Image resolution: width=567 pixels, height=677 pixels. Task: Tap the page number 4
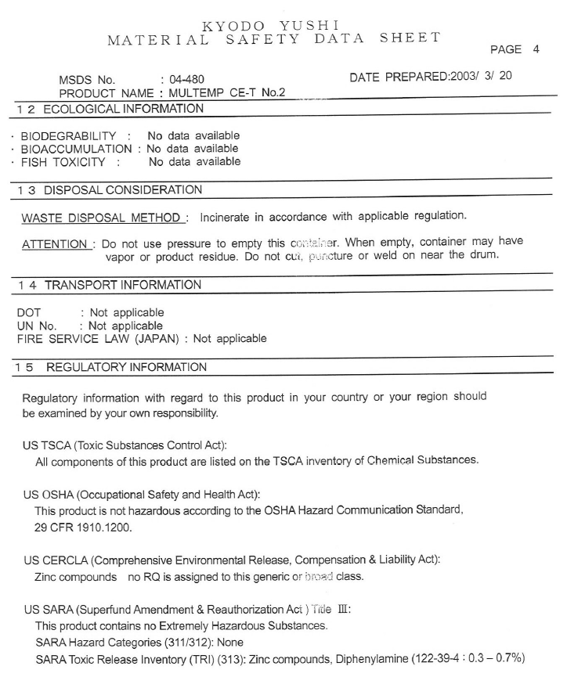(x=536, y=49)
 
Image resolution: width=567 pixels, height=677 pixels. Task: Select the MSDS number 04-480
(x=186, y=79)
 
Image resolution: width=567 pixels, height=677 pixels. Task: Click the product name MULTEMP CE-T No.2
(x=226, y=92)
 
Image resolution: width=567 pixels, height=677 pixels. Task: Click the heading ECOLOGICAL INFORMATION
(x=123, y=108)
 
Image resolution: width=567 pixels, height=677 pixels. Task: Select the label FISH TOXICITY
(x=63, y=162)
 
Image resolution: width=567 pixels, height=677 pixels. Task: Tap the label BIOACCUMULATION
(x=76, y=149)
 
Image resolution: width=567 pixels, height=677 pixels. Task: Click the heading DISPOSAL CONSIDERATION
(x=123, y=189)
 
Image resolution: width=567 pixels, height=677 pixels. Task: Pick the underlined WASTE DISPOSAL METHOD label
(x=102, y=216)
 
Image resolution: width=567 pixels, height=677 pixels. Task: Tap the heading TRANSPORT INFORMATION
(x=123, y=285)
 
